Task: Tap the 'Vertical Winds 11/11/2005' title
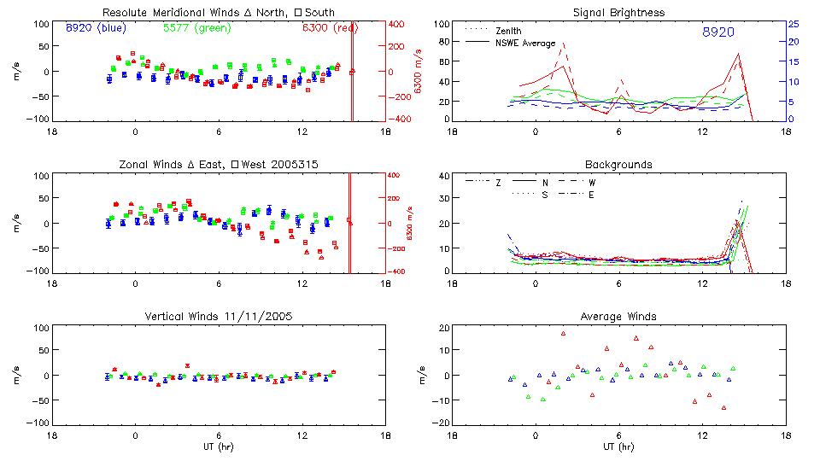[218, 316]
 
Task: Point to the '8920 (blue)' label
[95, 27]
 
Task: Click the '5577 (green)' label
[196, 27]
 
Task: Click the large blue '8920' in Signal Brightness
[717, 32]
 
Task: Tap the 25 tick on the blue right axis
[793, 24]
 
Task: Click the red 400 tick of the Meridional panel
[399, 24]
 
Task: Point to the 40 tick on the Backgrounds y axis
[443, 177]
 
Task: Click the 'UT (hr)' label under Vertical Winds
[218, 446]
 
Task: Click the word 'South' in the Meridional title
[317, 13]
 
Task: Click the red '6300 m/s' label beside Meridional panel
[419, 72]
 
